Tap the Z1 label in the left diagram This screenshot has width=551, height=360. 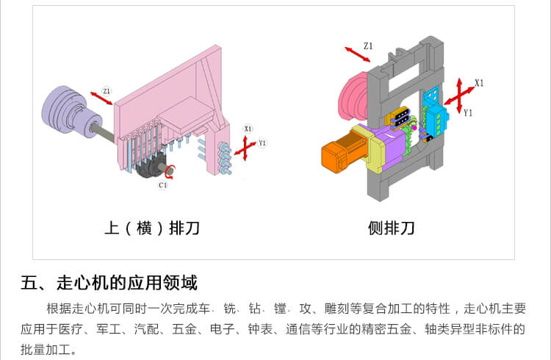tap(107, 90)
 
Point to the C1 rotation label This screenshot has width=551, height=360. tap(162, 185)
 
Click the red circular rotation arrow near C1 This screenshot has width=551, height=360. tap(170, 173)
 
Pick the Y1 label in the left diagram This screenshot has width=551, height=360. tap(262, 143)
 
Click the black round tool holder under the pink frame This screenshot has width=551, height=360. tap(155, 168)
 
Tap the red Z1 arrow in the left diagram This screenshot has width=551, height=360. tap(101, 98)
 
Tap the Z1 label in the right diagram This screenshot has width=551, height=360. tap(368, 46)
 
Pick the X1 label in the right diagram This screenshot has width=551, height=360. tap(479, 83)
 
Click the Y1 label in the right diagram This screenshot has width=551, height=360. tap(468, 112)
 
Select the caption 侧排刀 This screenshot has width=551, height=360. tap(392, 228)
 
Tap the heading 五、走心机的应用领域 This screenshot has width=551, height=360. tap(109, 282)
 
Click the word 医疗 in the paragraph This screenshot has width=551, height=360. tap(76, 329)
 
